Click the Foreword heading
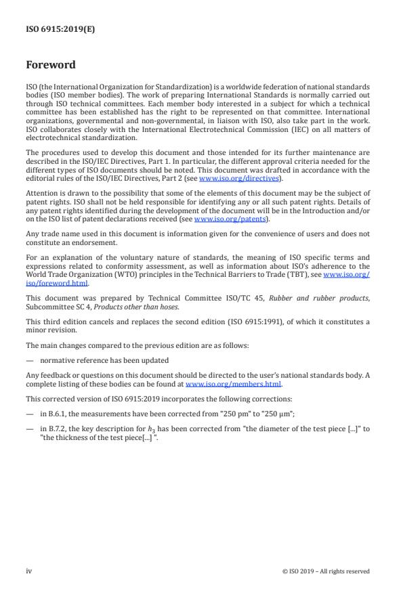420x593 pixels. [x=51, y=65]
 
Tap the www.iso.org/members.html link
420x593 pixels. [x=224, y=384]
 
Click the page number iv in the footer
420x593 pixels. [x=29, y=571]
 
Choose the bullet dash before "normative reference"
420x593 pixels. [x=29, y=360]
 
